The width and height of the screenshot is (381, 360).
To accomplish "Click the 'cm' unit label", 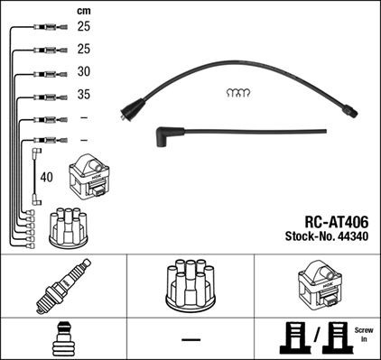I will [84, 9].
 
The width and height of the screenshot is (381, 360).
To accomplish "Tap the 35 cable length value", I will [84, 95].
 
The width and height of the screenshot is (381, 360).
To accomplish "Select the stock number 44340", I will [352, 237].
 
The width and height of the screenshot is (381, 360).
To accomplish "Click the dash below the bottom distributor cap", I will [190, 339].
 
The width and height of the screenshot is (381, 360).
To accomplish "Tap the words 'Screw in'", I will [364, 337].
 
